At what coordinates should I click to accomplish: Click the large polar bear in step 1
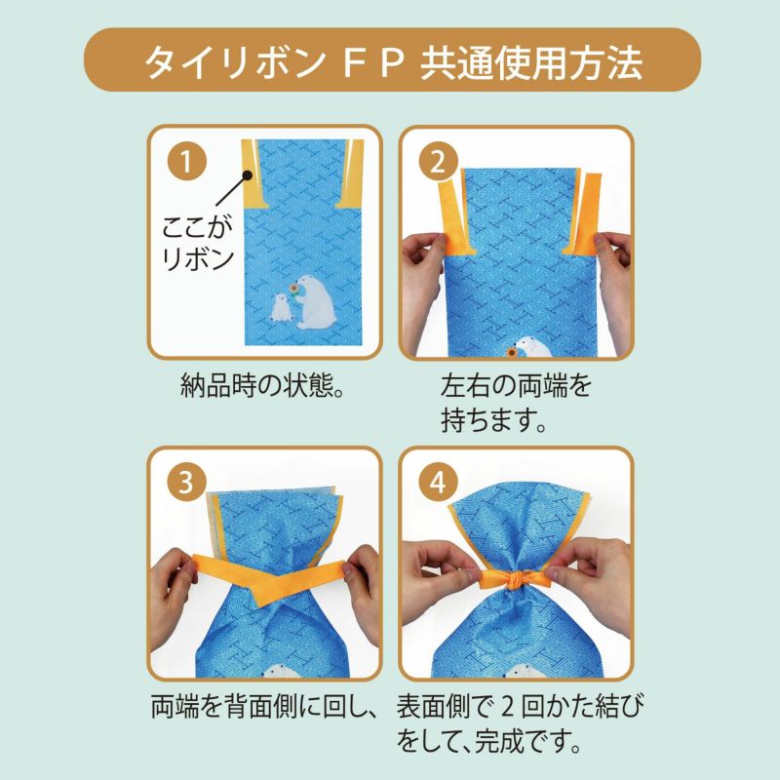click(314, 302)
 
